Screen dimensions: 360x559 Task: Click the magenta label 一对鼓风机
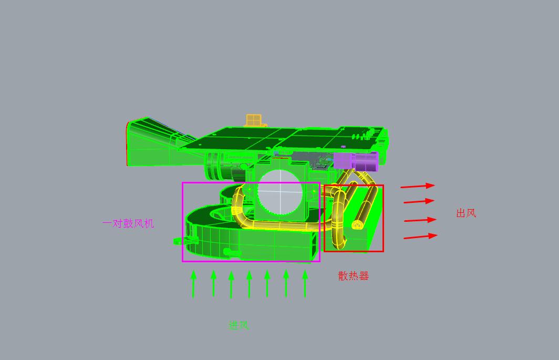tap(128, 223)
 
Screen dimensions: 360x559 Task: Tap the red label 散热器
tap(353, 275)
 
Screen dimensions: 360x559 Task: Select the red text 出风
tap(466, 213)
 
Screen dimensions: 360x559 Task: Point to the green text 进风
tap(239, 325)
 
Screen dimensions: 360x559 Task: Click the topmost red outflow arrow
tap(418, 186)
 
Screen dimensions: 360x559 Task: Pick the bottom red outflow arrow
tap(420, 236)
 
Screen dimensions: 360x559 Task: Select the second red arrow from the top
tap(419, 201)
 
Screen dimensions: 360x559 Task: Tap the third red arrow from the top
tap(420, 220)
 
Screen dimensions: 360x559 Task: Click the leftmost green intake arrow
tap(193, 284)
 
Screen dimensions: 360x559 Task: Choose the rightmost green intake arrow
tap(305, 283)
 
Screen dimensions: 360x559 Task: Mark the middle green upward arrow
tap(249, 284)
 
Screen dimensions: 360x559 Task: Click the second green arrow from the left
tap(213, 283)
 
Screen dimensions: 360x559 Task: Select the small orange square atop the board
tap(254, 120)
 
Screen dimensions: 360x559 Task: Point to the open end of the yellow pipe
tap(359, 225)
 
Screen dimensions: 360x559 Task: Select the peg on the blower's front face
tap(232, 253)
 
